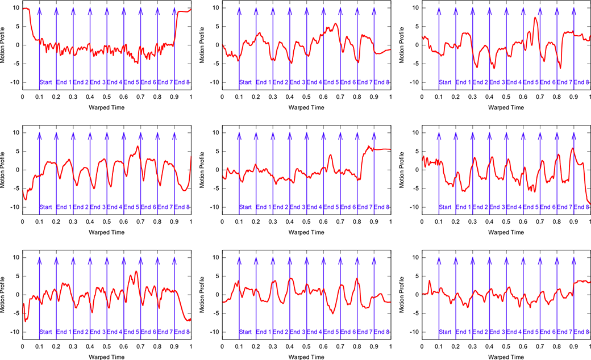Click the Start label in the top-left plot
click(46, 82)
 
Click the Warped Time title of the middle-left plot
click(106, 232)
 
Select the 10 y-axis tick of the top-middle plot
click(215, 8)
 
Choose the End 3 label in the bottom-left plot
click(98, 332)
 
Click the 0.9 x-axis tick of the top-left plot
click(174, 97)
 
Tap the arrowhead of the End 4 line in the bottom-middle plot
click(307, 260)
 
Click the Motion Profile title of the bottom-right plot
click(402, 294)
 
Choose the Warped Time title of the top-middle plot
click(306, 107)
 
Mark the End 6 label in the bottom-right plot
click(548, 332)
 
